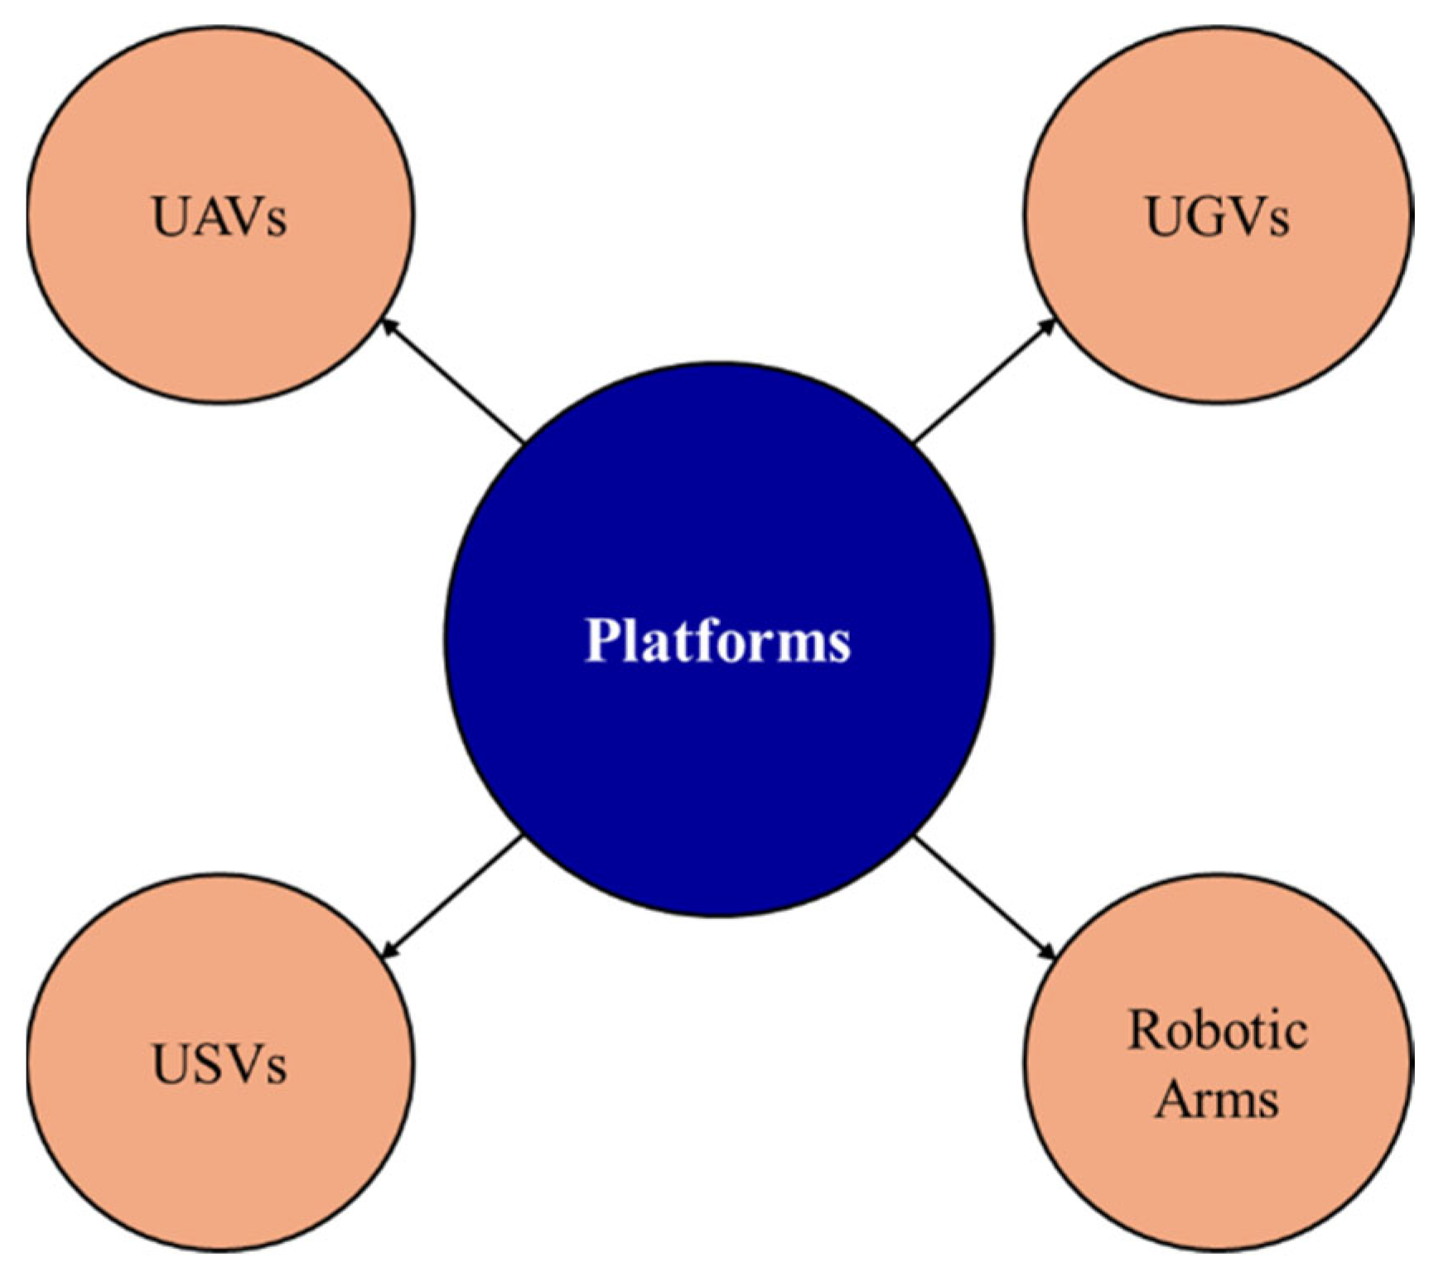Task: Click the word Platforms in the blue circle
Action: (717, 641)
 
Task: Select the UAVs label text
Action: (220, 217)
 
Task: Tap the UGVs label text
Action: (1217, 217)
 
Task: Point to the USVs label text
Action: (220, 1064)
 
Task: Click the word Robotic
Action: (1217, 1031)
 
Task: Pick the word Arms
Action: (1217, 1100)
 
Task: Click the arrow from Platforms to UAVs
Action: (451, 382)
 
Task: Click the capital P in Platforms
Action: (604, 640)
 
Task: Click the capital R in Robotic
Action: (1147, 1031)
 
